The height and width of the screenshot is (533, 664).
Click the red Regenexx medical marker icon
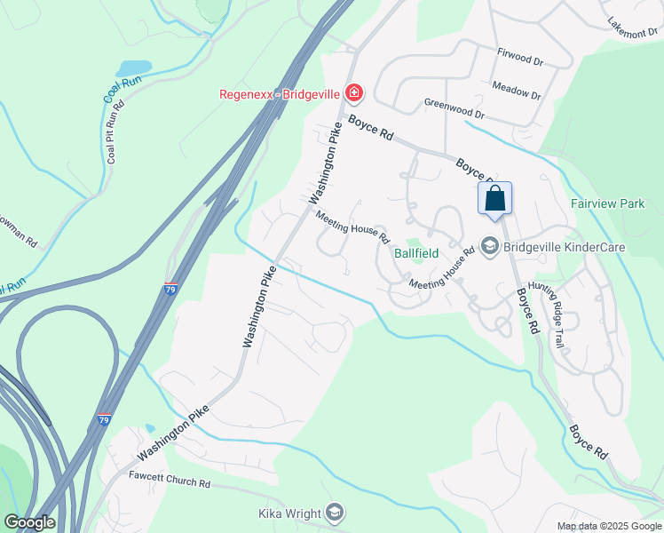[353, 92]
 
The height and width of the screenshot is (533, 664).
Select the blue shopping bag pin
[494, 199]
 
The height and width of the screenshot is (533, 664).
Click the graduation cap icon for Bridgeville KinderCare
[489, 245]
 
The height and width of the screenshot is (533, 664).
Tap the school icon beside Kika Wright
[334, 513]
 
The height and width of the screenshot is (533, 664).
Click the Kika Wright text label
[288, 513]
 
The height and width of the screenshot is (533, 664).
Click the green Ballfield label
[417, 253]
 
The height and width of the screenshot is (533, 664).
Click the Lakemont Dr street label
[633, 28]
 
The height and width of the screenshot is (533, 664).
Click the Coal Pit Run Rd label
[113, 132]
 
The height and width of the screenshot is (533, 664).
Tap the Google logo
[29, 522]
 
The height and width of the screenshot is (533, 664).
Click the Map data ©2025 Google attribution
[608, 526]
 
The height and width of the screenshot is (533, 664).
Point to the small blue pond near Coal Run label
[133, 68]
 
